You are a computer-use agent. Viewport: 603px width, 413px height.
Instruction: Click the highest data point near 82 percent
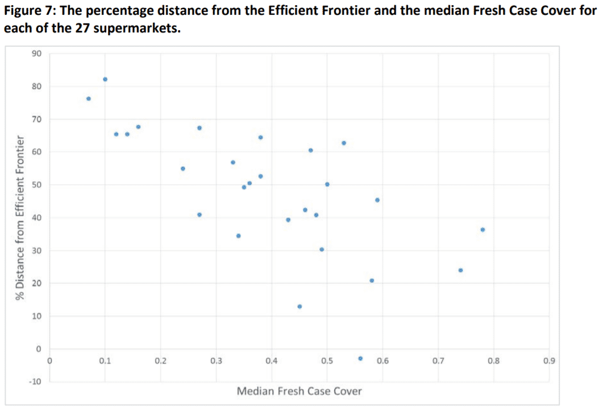click(x=105, y=79)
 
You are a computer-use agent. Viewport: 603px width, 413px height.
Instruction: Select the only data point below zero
click(x=360, y=358)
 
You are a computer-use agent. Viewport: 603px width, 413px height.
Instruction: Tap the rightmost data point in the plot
click(x=483, y=230)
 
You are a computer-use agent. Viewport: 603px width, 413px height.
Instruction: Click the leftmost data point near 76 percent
click(x=89, y=98)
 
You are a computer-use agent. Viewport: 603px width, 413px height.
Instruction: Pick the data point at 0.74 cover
click(x=461, y=270)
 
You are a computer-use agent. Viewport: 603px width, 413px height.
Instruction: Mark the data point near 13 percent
click(x=300, y=307)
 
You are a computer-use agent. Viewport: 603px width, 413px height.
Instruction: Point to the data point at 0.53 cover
click(x=344, y=143)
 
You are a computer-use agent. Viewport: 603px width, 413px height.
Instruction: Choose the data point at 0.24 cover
click(x=182, y=168)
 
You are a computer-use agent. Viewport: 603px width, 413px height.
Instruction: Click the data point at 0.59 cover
click(x=377, y=200)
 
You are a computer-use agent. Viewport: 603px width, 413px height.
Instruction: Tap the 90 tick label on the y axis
click(x=36, y=53)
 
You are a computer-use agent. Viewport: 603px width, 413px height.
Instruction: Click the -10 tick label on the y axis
click(x=35, y=382)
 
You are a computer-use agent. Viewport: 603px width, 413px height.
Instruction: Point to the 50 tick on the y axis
click(x=36, y=185)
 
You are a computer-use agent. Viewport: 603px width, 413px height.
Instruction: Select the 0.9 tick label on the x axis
click(x=549, y=361)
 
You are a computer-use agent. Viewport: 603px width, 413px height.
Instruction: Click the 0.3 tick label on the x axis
click(x=216, y=361)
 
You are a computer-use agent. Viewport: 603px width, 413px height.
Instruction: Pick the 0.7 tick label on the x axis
click(x=438, y=361)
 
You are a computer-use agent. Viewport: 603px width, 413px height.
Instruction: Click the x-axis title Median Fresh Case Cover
click(x=299, y=391)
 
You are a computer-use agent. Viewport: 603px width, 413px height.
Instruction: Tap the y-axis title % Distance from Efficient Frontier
click(x=20, y=217)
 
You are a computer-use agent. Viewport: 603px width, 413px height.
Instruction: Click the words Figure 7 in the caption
click(x=30, y=11)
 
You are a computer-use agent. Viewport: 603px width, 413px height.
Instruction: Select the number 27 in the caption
click(x=82, y=28)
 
